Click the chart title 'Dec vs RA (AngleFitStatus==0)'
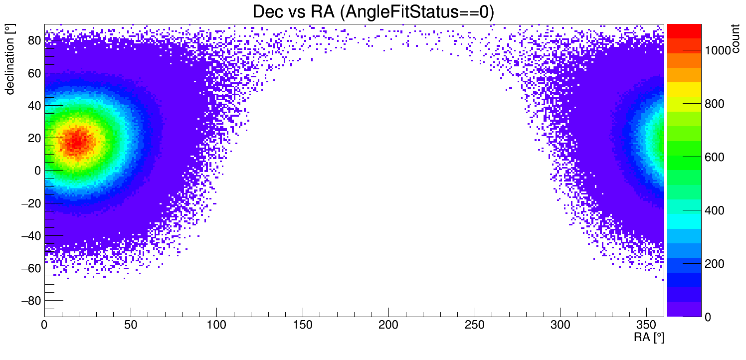click(x=373, y=12)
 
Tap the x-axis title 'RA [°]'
click(x=649, y=338)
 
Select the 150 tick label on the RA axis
click(x=303, y=325)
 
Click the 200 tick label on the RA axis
click(x=388, y=325)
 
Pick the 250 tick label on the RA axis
click(x=475, y=325)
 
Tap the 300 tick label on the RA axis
click(x=560, y=325)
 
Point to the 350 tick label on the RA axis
click(x=647, y=325)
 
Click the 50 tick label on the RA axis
click(x=131, y=325)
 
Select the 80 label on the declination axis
click(x=34, y=41)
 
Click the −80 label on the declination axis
click(x=30, y=301)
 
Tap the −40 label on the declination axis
click(x=30, y=235)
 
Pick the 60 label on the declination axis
click(x=34, y=73)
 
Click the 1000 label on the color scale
click(x=717, y=50)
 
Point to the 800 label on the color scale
click(x=714, y=104)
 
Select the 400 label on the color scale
click(x=714, y=210)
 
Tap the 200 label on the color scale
click(x=714, y=264)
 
